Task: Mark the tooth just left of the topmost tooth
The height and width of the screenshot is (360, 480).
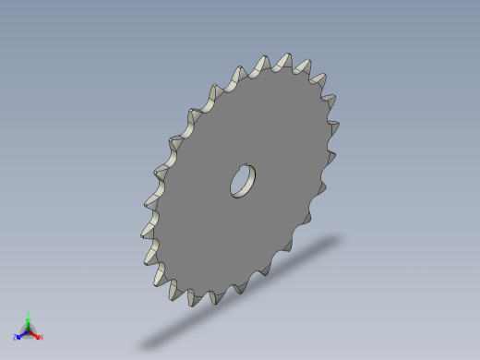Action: pyautogui.click(x=259, y=66)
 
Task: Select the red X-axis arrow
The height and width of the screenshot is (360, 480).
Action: pyautogui.click(x=35, y=334)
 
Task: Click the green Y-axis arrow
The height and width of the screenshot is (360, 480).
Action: pyautogui.click(x=29, y=323)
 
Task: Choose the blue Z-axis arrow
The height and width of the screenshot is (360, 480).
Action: pyautogui.click(x=22, y=334)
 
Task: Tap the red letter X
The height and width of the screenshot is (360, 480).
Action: pyautogui.click(x=42, y=337)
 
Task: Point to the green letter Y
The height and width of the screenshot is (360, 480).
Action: pyautogui.click(x=29, y=314)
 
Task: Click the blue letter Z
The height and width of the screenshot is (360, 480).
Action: pyautogui.click(x=16, y=338)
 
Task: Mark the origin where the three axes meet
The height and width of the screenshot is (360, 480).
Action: pyautogui.click(x=29, y=331)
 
